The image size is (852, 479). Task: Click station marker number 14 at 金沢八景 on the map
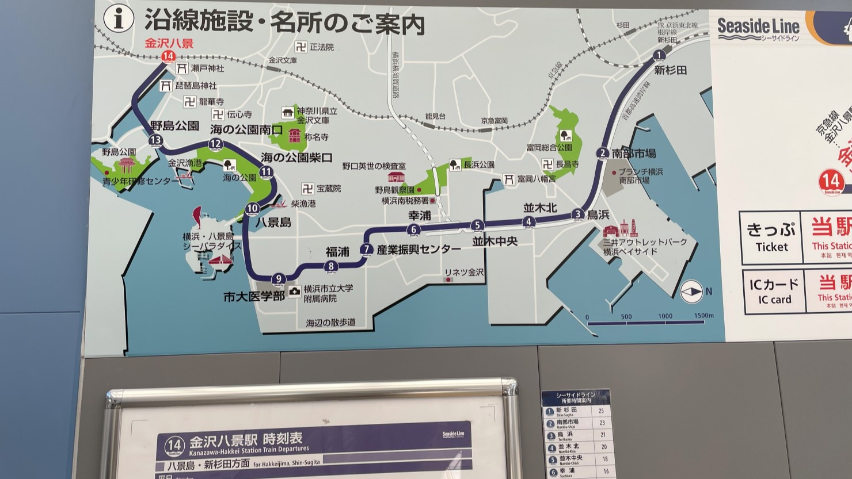(x=168, y=56)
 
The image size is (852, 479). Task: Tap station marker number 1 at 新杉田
(x=659, y=55)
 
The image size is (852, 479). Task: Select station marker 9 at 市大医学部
(x=278, y=279)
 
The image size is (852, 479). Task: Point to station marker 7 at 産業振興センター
(x=366, y=249)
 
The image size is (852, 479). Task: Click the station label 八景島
(x=273, y=222)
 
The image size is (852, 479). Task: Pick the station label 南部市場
(x=634, y=154)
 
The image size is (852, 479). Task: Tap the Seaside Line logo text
(x=758, y=27)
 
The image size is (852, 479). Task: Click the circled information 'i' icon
(x=119, y=18)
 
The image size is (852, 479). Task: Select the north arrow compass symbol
(x=691, y=292)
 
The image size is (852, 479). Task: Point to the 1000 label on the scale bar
(x=665, y=316)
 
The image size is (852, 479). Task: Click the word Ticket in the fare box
(x=771, y=247)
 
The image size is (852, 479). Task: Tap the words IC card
(x=774, y=300)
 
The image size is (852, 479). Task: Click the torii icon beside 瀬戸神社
(x=181, y=68)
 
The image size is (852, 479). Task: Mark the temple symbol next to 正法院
(x=301, y=47)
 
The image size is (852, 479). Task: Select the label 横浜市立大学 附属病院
(x=328, y=293)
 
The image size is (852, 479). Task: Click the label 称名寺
(x=316, y=137)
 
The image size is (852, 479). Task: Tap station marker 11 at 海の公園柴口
(x=266, y=171)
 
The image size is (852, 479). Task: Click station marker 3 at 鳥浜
(x=578, y=214)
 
